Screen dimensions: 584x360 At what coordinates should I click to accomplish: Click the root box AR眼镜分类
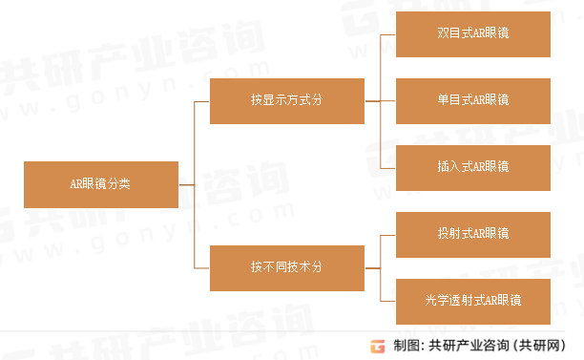[100, 184]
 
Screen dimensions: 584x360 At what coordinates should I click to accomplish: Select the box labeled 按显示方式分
[286, 100]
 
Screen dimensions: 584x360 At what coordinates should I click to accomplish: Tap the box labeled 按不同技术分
[286, 267]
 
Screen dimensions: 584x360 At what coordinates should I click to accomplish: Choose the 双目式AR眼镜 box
[472, 33]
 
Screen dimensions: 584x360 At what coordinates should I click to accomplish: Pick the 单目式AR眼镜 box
[472, 100]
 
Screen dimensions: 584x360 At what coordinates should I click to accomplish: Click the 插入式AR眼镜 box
[472, 167]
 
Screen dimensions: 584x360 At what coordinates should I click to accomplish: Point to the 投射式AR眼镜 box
[472, 234]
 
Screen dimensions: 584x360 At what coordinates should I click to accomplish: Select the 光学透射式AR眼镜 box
[472, 301]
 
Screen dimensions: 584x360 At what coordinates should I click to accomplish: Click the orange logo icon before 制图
[378, 346]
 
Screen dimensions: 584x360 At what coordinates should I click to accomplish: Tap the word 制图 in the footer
[407, 346]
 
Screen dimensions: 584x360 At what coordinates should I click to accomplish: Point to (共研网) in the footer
[543, 346]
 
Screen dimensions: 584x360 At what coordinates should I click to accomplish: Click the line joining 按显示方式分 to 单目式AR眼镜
[380, 100]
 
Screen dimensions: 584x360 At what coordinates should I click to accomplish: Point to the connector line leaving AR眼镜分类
[186, 184]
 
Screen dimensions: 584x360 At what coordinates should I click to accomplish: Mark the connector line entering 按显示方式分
[202, 100]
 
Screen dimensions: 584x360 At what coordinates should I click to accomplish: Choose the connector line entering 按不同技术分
[202, 267]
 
